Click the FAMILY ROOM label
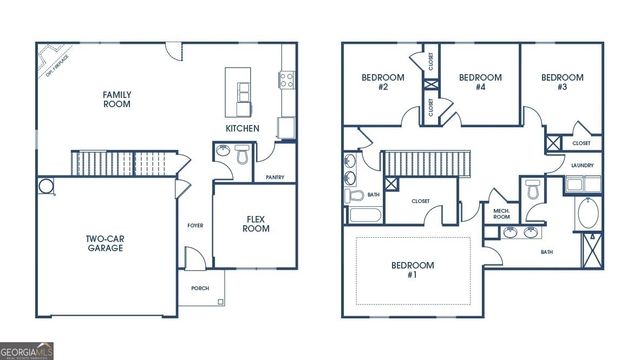point(117,100)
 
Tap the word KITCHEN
point(242,129)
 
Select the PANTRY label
point(276,177)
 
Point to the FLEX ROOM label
point(256,223)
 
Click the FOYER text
point(195,225)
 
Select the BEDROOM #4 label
point(479,82)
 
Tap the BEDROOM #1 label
point(412,270)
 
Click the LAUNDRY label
point(582,165)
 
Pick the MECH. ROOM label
point(502,214)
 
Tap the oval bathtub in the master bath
point(586,215)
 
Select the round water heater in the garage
point(45,186)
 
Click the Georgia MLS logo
point(28,351)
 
